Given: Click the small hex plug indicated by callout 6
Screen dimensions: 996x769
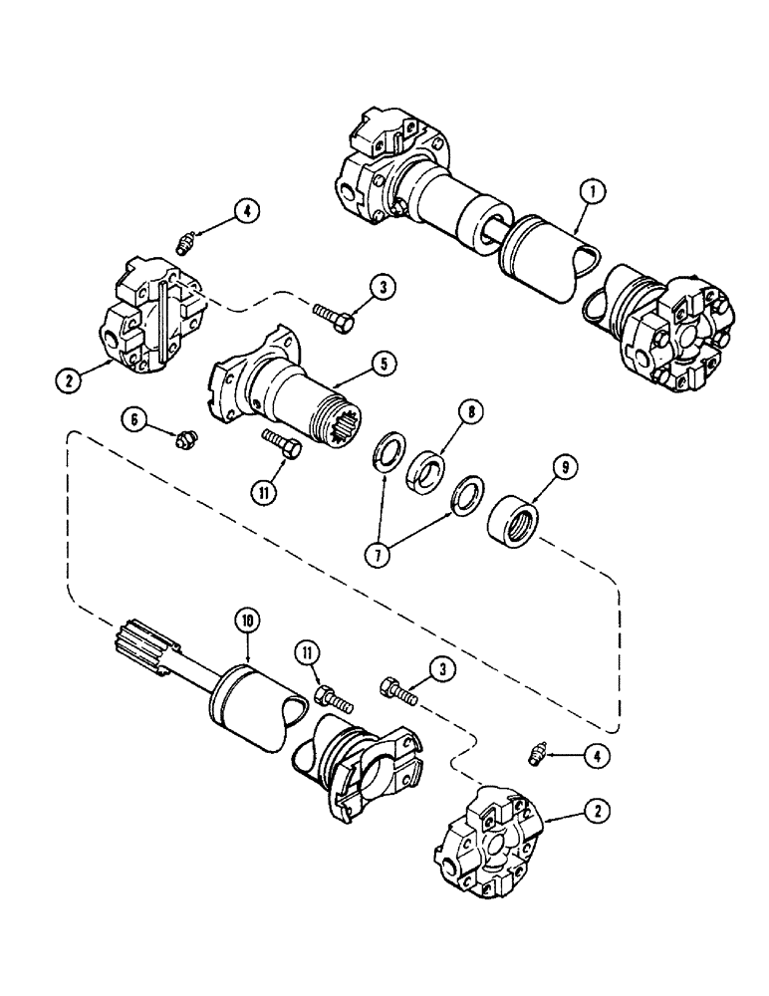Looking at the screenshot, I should coord(184,438).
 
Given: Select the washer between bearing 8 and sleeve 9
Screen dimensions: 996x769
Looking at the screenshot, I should coord(464,494).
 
